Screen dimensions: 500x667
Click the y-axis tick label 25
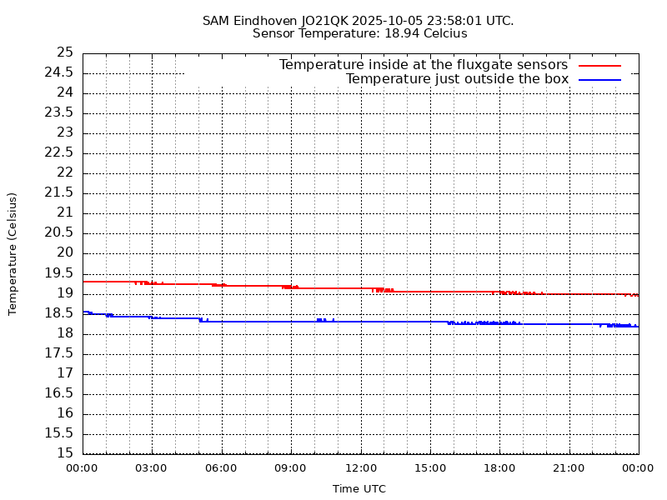65,52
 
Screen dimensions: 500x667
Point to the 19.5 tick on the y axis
59,273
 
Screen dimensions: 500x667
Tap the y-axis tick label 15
65,453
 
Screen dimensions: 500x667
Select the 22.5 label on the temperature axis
59,152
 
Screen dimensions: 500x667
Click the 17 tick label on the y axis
65,373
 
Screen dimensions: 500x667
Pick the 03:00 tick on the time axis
152,468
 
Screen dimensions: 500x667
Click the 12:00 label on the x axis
360,468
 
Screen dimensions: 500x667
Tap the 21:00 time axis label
569,468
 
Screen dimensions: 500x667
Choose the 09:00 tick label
291,468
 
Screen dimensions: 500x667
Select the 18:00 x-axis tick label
499,468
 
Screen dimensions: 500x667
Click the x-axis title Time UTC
359,489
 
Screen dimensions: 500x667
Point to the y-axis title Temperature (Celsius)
13,253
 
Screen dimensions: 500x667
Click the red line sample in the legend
600,65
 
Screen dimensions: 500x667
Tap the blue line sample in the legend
600,79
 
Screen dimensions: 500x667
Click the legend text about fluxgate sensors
424,65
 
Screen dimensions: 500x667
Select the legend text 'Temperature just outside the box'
457,79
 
